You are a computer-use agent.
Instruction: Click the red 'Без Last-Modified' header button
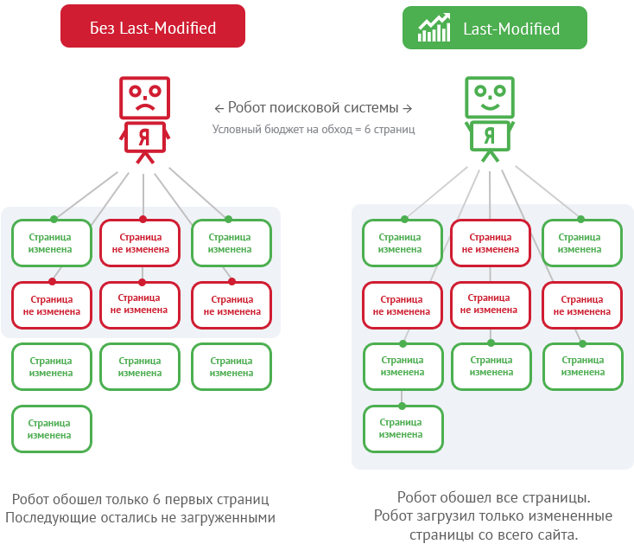(153, 28)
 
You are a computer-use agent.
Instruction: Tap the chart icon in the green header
(433, 28)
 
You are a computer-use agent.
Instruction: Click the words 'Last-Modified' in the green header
(511, 29)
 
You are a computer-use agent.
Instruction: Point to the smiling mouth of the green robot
(489, 107)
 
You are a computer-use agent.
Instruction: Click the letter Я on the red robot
(145, 136)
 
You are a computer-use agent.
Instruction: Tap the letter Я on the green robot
(490, 136)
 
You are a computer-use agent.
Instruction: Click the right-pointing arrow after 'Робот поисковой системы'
(408, 108)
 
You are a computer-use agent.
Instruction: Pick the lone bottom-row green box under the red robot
(51, 429)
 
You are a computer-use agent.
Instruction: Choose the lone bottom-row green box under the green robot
(403, 428)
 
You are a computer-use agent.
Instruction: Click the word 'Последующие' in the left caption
(46, 518)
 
